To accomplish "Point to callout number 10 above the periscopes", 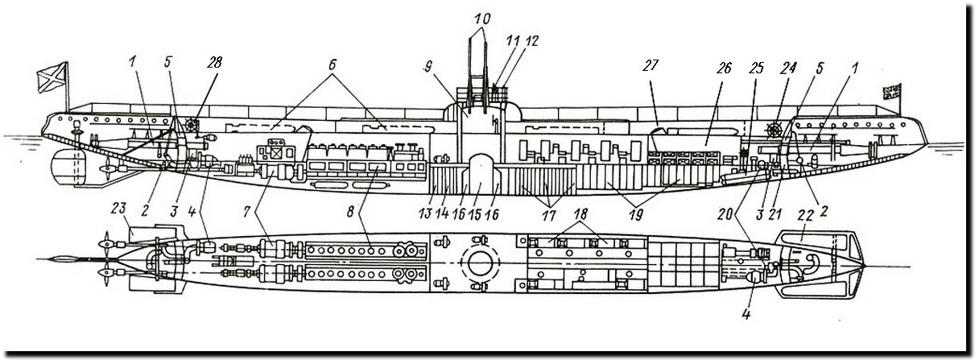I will point(481,17).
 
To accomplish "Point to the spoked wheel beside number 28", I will point(191,126).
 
